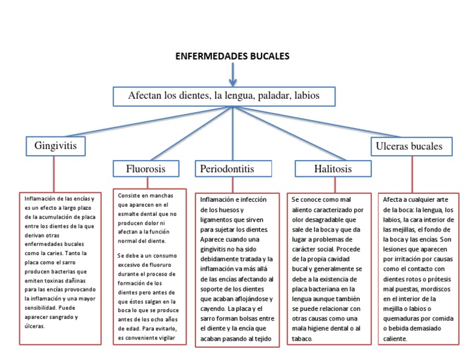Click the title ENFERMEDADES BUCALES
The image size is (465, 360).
coord(232,56)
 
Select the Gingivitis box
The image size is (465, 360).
coord(55,146)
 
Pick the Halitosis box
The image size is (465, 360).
coord(332,168)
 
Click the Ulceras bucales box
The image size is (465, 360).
coord(409,146)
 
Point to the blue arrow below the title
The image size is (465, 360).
coord(232,74)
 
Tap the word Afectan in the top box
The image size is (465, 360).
coord(146,96)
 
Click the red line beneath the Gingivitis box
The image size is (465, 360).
coord(54,173)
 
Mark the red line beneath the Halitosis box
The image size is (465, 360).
coord(332,185)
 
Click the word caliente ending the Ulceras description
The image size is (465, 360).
coord(395,339)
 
